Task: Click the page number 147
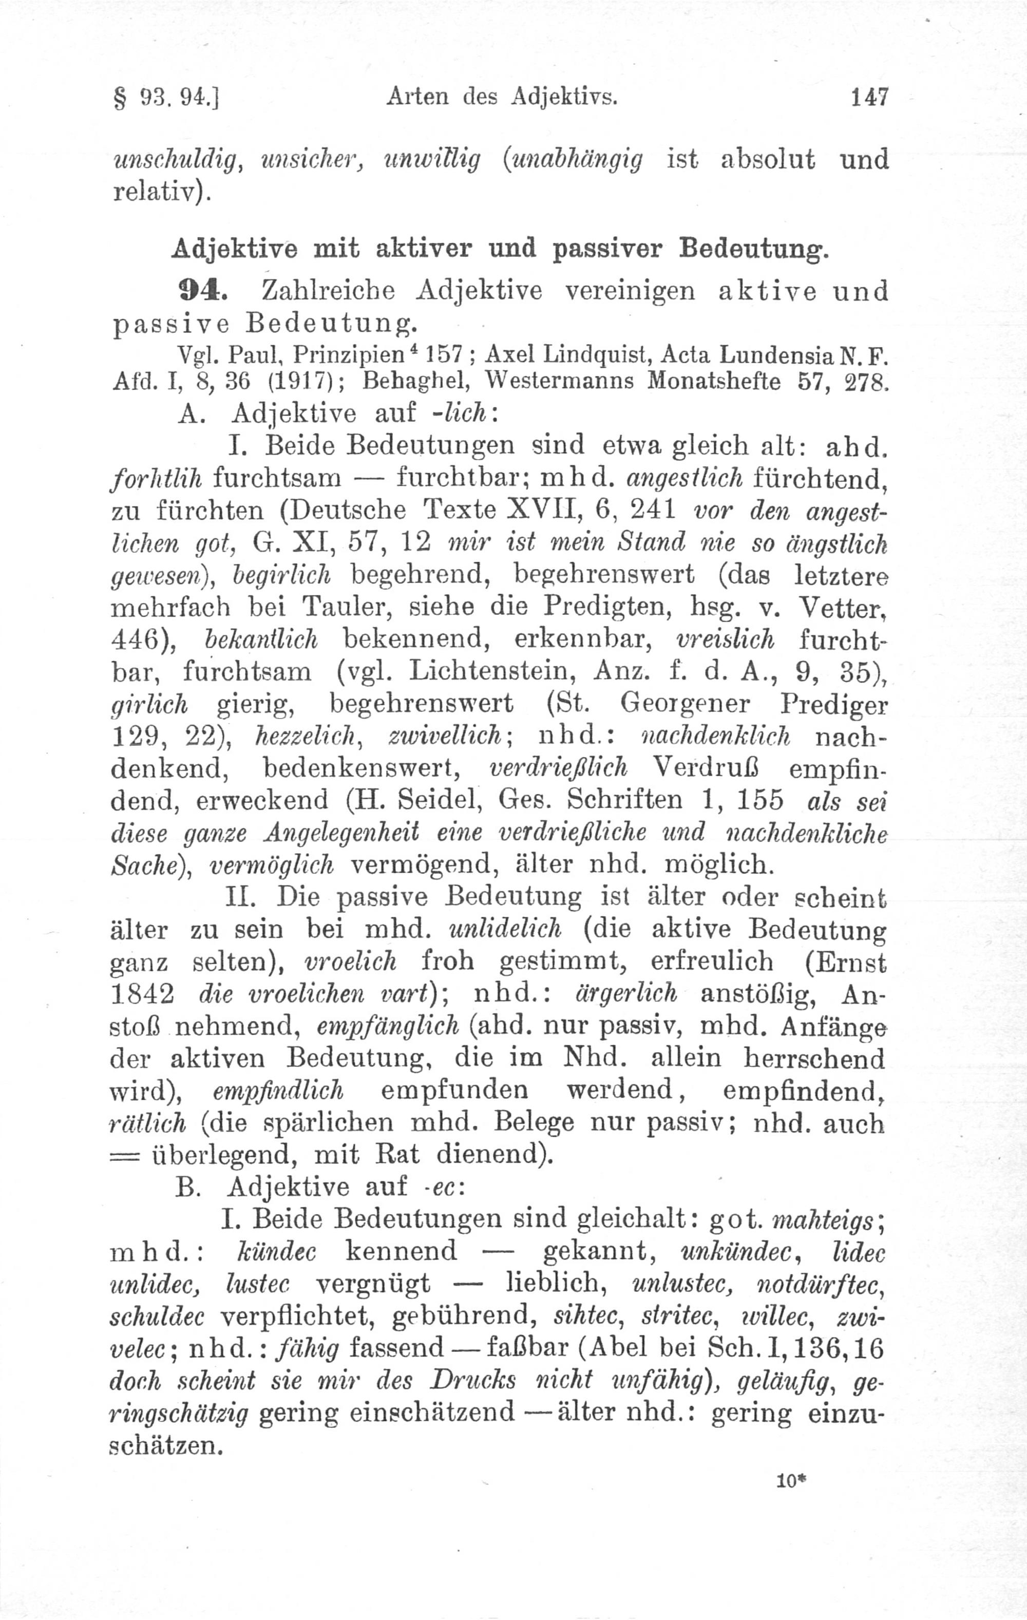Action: pos(869,98)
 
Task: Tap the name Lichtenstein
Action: pos(493,671)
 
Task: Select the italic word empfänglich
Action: pos(387,1026)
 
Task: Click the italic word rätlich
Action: pos(147,1123)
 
